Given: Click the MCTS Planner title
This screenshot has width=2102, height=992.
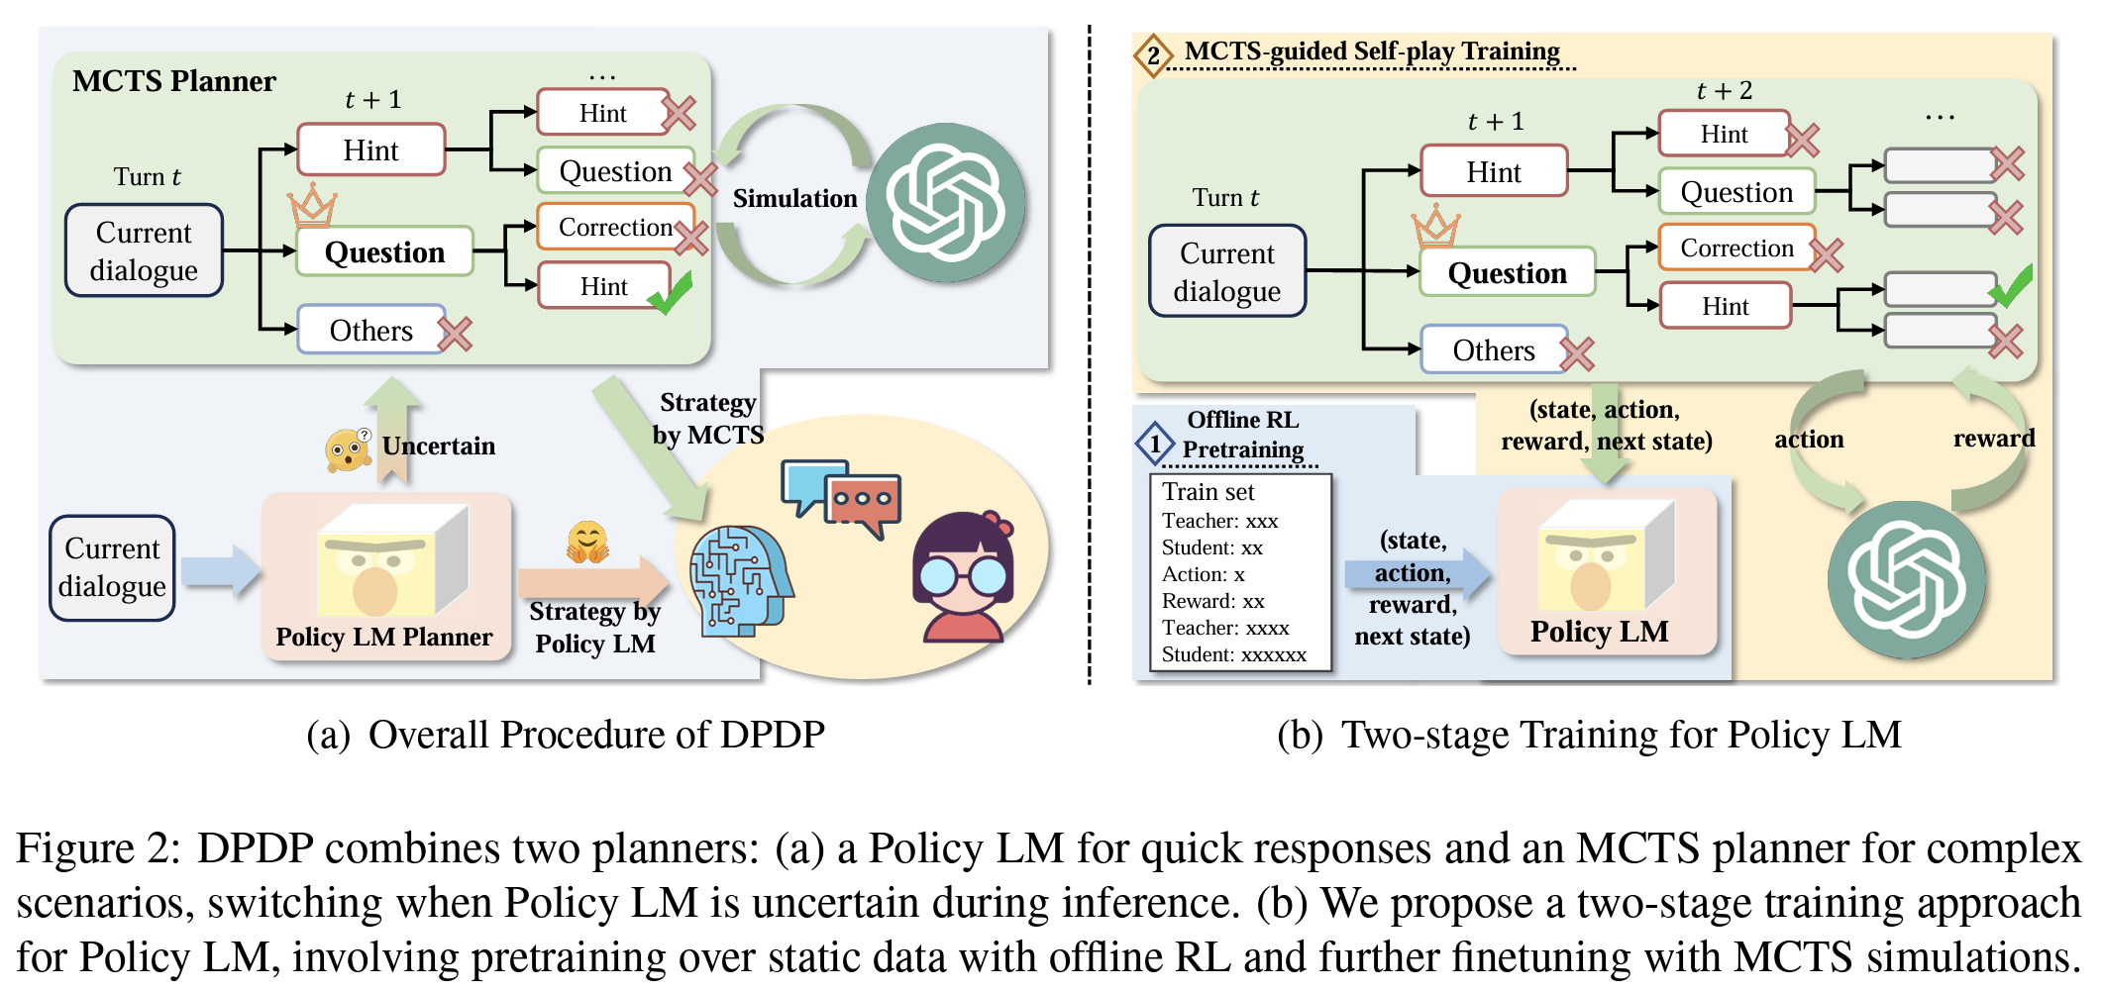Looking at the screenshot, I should click(x=174, y=81).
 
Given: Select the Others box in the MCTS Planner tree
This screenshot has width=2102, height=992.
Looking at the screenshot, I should click(x=370, y=331).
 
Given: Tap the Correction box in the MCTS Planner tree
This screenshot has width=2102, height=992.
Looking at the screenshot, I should click(x=614, y=227).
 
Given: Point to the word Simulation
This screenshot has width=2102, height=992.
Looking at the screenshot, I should click(x=794, y=199).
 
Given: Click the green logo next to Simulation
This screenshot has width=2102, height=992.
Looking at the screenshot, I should click(x=946, y=203).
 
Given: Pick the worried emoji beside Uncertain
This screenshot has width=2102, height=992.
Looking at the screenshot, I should click(x=347, y=449).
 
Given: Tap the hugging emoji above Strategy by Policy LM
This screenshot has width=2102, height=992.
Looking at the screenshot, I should click(x=586, y=543).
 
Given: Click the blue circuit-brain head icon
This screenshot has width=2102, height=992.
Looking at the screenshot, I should click(x=739, y=580).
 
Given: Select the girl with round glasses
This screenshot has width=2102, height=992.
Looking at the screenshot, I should click(x=964, y=578).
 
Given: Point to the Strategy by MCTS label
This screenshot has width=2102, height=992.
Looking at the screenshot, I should click(x=707, y=418).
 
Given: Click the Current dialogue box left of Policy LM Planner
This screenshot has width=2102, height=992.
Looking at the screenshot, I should click(x=112, y=568).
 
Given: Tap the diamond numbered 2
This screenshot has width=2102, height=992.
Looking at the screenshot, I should click(x=1153, y=54).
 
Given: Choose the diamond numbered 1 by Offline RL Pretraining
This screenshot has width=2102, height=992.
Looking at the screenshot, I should click(x=1155, y=444).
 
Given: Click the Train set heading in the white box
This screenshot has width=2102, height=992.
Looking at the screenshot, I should click(x=1208, y=492).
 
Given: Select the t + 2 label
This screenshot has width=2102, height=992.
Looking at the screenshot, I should click(x=1724, y=91).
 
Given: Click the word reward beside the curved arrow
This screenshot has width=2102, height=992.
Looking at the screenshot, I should click(x=1993, y=439).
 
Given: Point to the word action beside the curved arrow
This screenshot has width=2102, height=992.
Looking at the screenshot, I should click(x=1809, y=440).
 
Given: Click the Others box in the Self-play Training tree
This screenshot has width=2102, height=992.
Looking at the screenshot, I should click(x=1494, y=350).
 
